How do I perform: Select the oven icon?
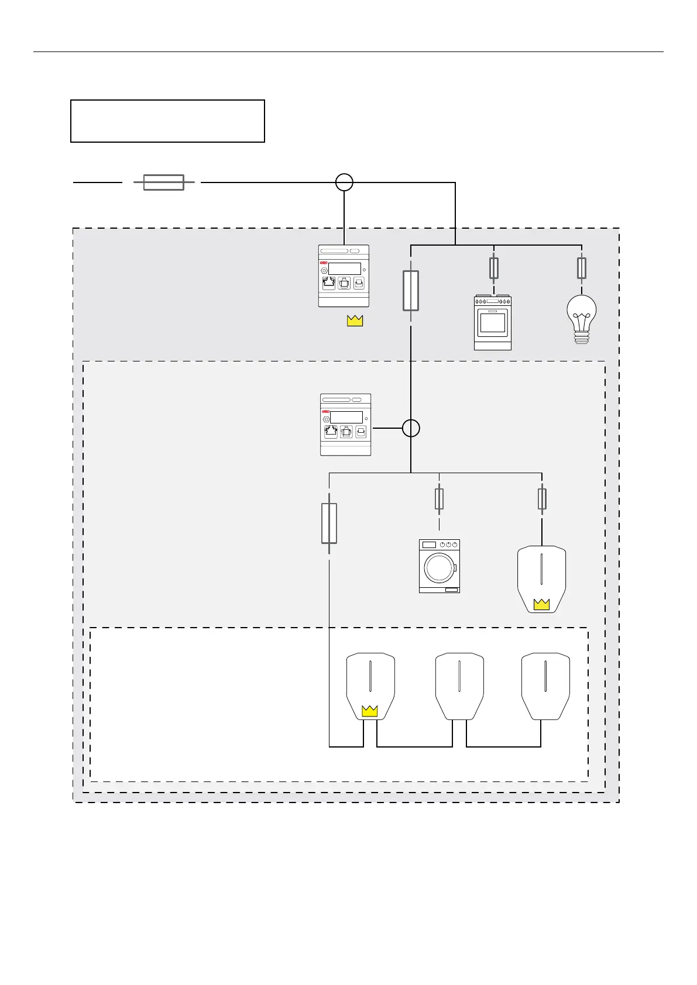click(x=493, y=322)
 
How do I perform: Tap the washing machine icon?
click(x=440, y=566)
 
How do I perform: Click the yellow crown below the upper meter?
click(x=355, y=320)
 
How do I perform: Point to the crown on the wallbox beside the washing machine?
click(x=542, y=604)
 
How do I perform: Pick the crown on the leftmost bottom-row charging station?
click(x=370, y=711)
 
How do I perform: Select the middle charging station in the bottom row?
click(x=459, y=686)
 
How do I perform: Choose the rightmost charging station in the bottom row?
click(x=545, y=686)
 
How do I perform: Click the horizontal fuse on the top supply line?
click(x=164, y=182)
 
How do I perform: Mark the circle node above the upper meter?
click(x=344, y=182)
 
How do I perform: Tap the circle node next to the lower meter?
click(x=411, y=428)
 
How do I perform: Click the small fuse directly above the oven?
click(x=494, y=269)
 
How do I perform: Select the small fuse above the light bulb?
click(x=582, y=268)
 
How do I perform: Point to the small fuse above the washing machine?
click(x=440, y=499)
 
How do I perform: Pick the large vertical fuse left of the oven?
click(x=411, y=290)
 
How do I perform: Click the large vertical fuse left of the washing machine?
click(x=329, y=524)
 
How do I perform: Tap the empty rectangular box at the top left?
click(x=167, y=121)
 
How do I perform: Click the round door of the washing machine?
click(x=438, y=566)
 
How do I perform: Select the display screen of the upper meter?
click(x=344, y=268)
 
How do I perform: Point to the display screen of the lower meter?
click(x=346, y=417)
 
